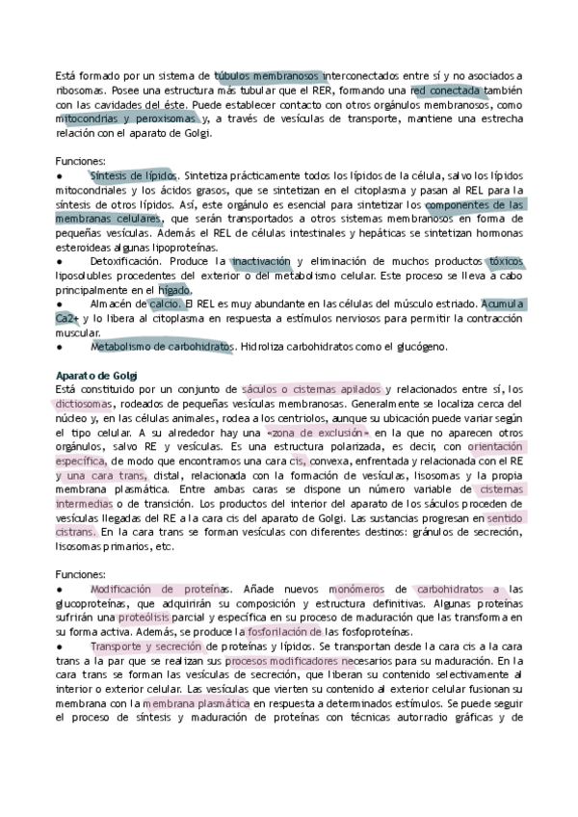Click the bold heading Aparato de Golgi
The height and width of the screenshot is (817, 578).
coord(97,374)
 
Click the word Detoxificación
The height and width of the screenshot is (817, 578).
coord(132,261)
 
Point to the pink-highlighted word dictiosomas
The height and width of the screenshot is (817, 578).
coord(85,404)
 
